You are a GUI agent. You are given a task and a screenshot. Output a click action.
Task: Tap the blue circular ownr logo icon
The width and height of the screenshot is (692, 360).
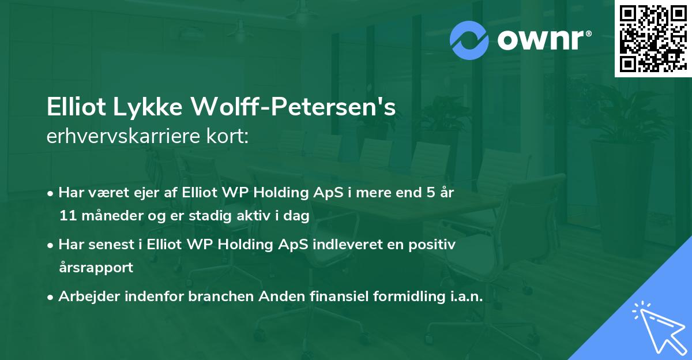point(469,40)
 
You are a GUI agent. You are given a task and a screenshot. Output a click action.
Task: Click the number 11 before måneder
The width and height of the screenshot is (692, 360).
point(66,216)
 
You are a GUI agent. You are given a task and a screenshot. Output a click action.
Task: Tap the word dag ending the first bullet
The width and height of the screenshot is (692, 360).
point(298,216)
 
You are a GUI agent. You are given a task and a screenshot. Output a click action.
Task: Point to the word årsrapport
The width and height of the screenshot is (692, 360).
point(96,268)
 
